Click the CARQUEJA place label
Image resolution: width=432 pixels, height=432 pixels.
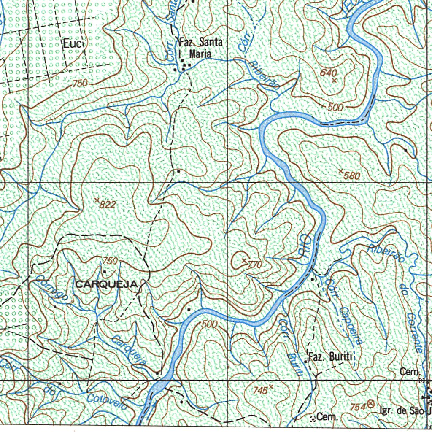tap(106, 285)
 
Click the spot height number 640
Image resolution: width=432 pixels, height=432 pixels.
tap(328, 73)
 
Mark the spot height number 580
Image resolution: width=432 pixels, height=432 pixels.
tap(352, 175)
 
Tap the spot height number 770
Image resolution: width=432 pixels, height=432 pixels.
tap(255, 265)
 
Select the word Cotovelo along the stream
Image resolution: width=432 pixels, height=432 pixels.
tap(107, 401)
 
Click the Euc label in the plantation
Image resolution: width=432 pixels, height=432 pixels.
tap(74, 43)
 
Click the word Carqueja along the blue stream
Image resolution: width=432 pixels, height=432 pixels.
tap(129, 350)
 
